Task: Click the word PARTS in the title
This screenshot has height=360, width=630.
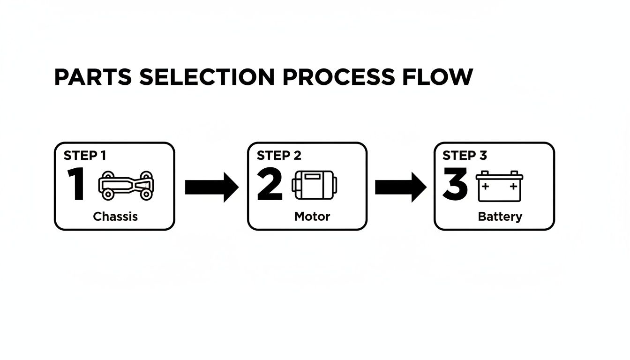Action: pyautogui.click(x=92, y=77)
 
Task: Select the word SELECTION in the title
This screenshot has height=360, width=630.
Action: pyautogui.click(x=207, y=77)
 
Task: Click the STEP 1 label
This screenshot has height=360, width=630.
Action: pyautogui.click(x=84, y=156)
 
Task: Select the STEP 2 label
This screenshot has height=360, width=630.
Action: pyautogui.click(x=279, y=156)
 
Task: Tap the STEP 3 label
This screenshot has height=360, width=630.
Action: pyautogui.click(x=465, y=156)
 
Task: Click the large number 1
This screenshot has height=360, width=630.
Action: pyautogui.click(x=76, y=185)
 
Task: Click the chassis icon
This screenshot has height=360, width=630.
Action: pyautogui.click(x=127, y=185)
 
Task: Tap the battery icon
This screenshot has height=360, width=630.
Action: pyautogui.click(x=500, y=186)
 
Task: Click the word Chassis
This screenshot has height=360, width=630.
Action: pyautogui.click(x=115, y=217)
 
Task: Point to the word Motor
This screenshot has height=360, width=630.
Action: pyautogui.click(x=312, y=217)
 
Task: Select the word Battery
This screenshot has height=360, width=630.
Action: pyautogui.click(x=500, y=217)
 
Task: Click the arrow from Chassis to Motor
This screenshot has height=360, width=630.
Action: pyautogui.click(x=212, y=187)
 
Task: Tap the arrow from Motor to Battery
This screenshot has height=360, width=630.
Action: pyautogui.click(x=401, y=187)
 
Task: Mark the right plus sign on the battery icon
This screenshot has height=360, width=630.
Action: pyautogui.click(x=513, y=186)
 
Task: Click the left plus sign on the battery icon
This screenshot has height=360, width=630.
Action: pyautogui.click(x=485, y=186)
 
